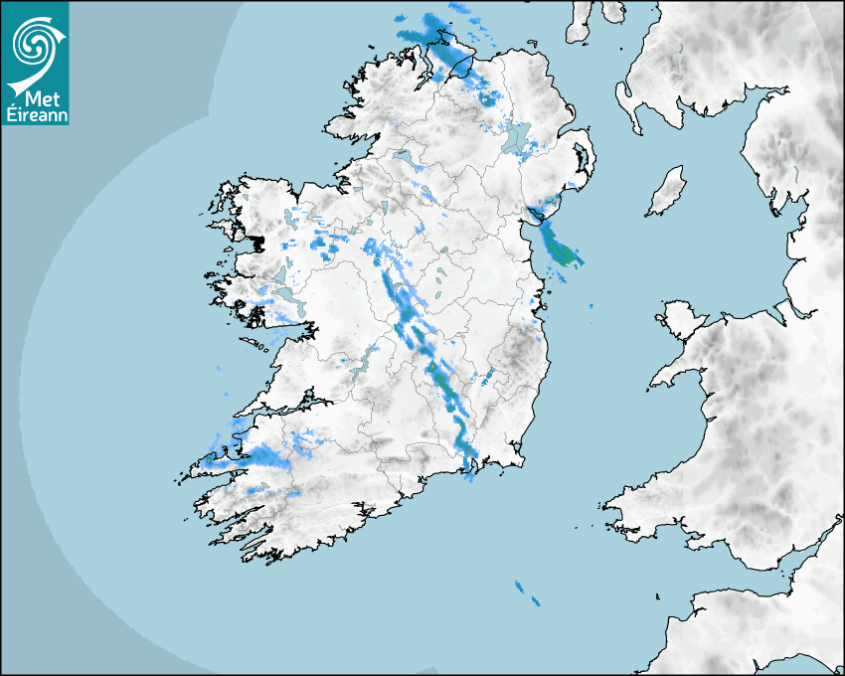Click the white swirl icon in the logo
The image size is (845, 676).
[34, 42]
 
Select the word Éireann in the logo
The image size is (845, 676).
[35, 115]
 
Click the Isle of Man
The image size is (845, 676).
[667, 191]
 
